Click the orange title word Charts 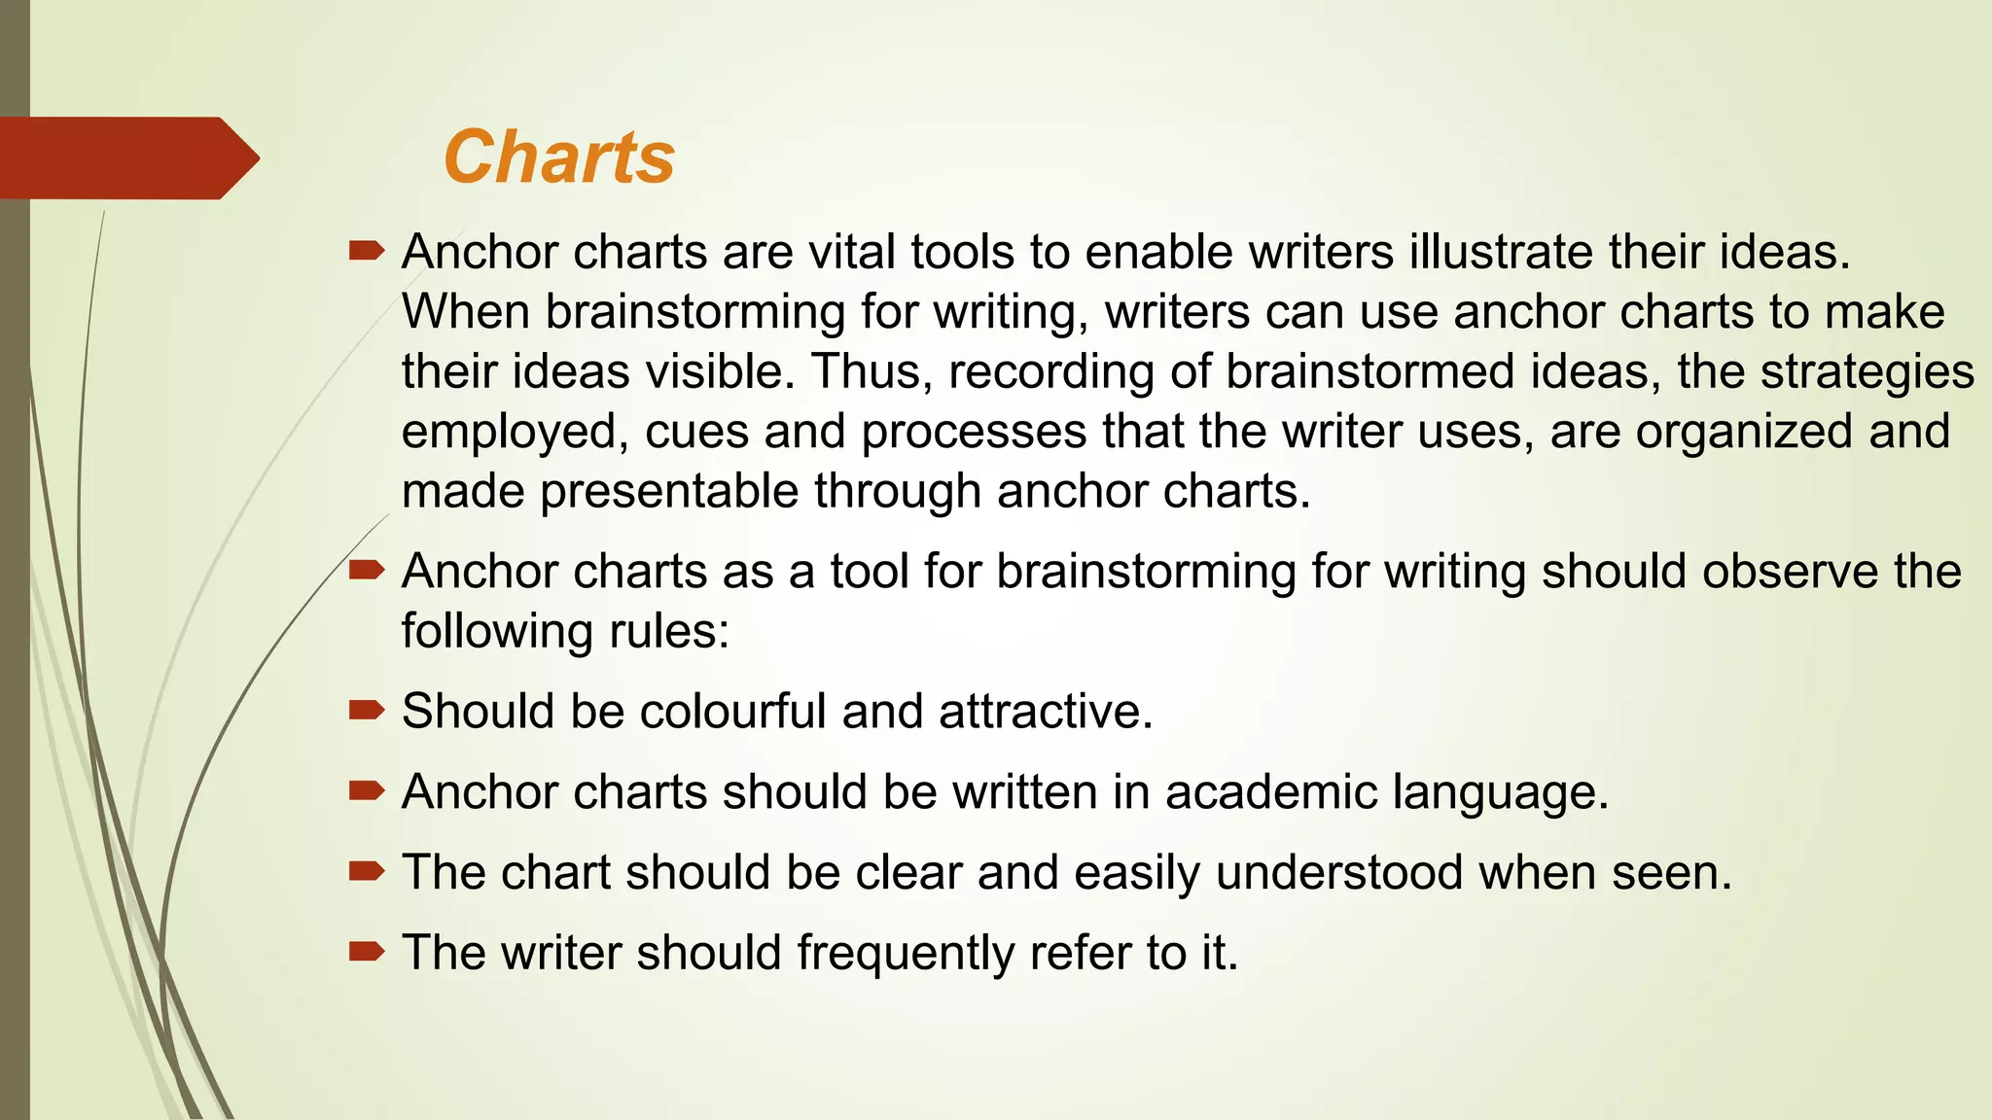click(558, 157)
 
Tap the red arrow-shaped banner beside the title click(126, 157)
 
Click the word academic click(1270, 791)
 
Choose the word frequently click(906, 953)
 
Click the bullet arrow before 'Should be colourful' click(367, 710)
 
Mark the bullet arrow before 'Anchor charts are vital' click(367, 251)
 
